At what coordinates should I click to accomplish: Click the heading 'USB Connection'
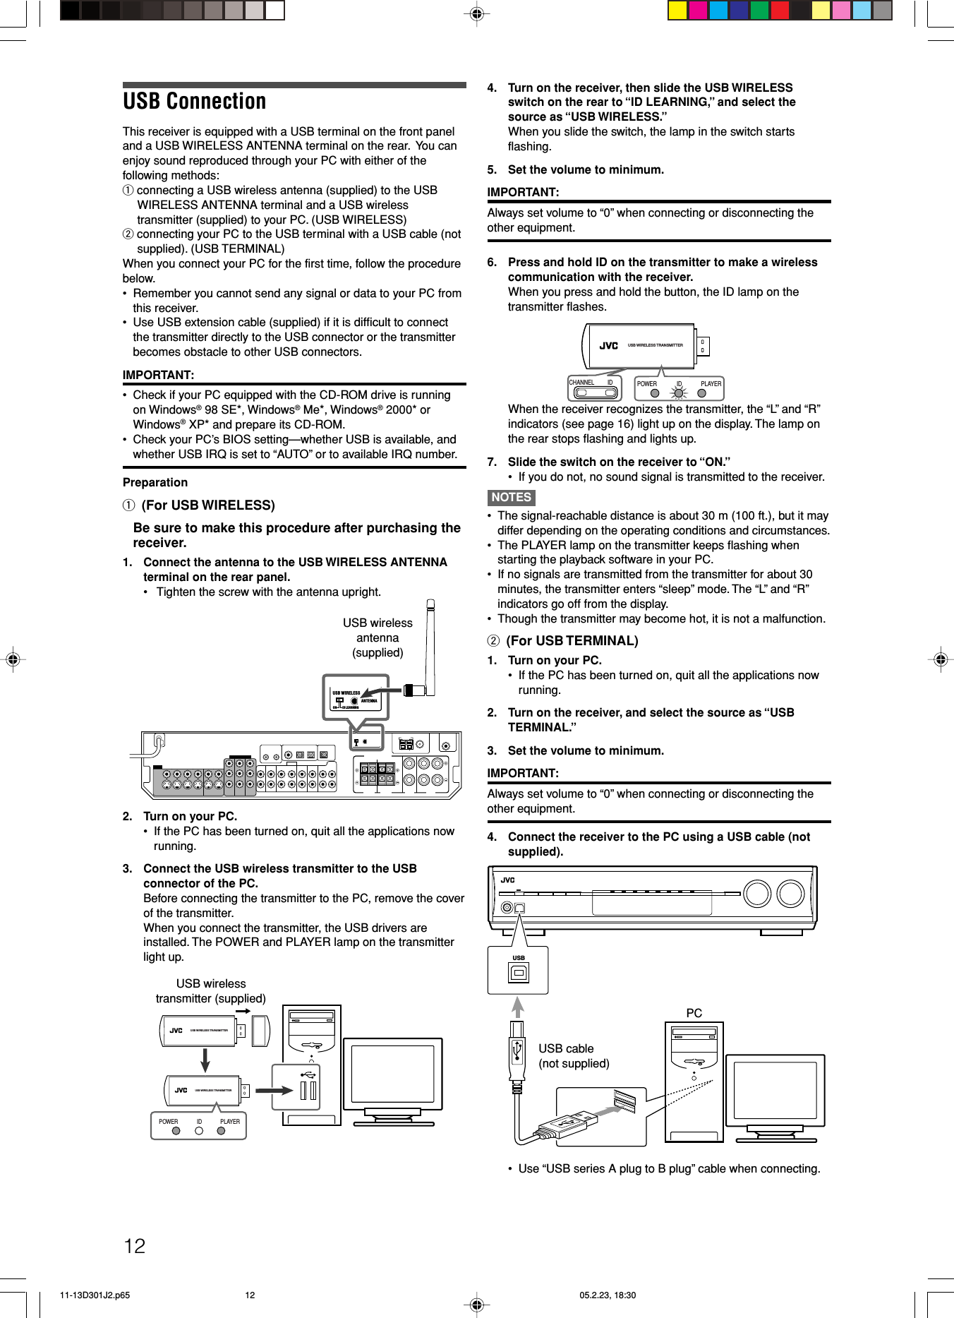coord(195,102)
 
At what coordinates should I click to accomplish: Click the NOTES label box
coord(511,497)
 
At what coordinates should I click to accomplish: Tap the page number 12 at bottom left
coord(135,1246)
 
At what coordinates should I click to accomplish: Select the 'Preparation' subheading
coord(155,482)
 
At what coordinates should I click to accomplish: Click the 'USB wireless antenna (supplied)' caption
coord(378,637)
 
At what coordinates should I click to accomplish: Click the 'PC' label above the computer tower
coord(694,1013)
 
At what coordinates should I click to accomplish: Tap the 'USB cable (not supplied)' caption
coord(574,1056)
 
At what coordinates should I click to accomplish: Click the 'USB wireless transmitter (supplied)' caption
coord(211,991)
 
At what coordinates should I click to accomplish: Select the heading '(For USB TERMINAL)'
coord(572,641)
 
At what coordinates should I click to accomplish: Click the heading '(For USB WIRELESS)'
coord(208,505)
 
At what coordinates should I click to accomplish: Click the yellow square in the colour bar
coord(677,11)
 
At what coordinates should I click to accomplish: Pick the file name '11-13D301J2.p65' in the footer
coord(95,1295)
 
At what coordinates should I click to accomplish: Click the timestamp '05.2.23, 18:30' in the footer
coord(608,1295)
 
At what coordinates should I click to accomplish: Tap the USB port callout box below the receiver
coord(518,970)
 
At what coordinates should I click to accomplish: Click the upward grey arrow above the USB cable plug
coord(518,1006)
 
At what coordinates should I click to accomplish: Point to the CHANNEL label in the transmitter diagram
coord(581,383)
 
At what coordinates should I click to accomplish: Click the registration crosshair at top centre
coord(477,13)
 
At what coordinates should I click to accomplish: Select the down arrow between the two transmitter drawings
coord(205,1059)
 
